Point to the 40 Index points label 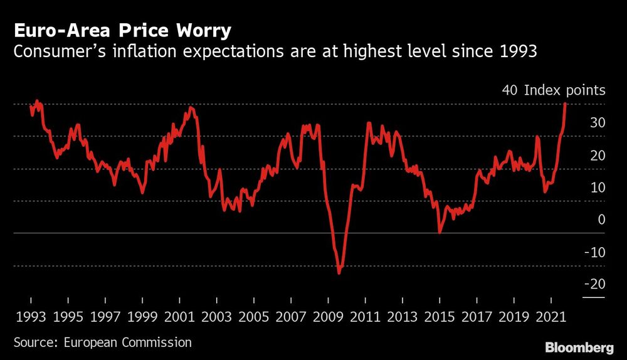[x=553, y=90]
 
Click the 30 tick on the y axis [x=597, y=122]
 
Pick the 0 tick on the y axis [x=601, y=220]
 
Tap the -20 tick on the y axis [x=594, y=284]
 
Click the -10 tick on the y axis [x=594, y=252]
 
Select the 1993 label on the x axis [x=29, y=318]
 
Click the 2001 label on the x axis [x=179, y=318]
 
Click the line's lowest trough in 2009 [x=339, y=273]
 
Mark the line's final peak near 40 [x=565, y=104]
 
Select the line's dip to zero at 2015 [x=440, y=232]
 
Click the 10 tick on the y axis [x=597, y=187]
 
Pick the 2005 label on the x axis [x=253, y=318]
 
